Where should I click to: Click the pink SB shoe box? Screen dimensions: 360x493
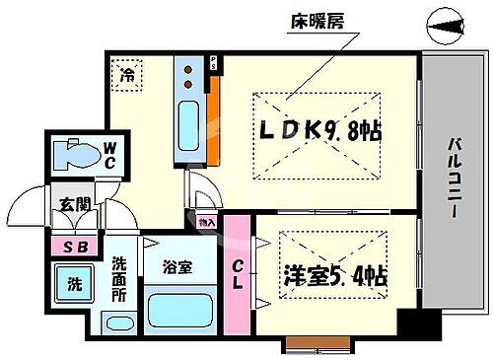click(x=73, y=247)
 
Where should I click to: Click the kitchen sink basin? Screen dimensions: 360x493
click(x=189, y=126)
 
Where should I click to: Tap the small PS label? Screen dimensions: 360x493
click(x=214, y=64)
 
